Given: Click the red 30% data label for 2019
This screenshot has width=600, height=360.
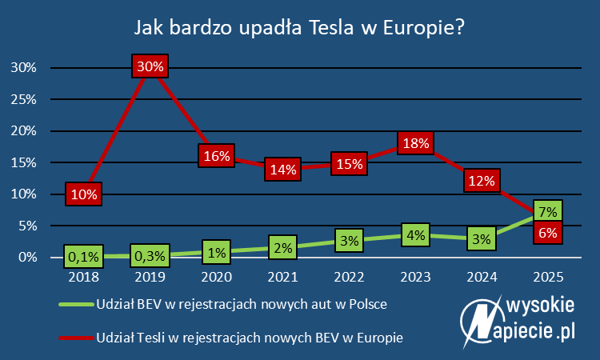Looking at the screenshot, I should pyautogui.click(x=150, y=67).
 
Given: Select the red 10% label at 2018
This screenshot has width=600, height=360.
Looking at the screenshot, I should pyautogui.click(x=84, y=194).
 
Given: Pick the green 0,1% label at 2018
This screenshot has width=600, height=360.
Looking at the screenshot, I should pyautogui.click(x=84, y=257).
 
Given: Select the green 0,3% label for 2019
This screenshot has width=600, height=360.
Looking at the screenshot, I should pyautogui.click(x=150, y=257).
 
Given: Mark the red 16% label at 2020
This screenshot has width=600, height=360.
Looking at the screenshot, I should pyautogui.click(x=217, y=156).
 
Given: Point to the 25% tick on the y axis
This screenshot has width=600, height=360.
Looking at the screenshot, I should pyautogui.click(x=23, y=99).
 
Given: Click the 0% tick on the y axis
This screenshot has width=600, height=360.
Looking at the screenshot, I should pyautogui.click(x=26, y=257).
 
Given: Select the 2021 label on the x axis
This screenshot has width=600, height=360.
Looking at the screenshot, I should pyautogui.click(x=283, y=277).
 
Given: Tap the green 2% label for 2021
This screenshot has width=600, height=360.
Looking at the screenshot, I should pyautogui.click(x=283, y=248).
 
